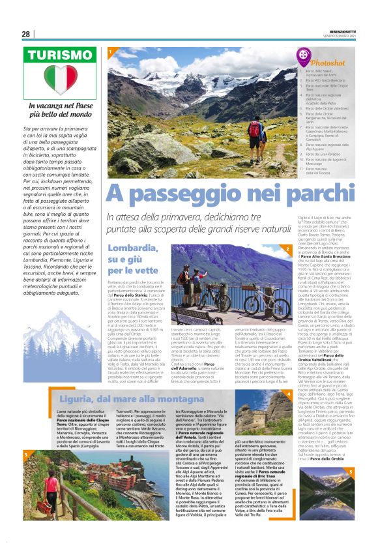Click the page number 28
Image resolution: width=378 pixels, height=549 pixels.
26,34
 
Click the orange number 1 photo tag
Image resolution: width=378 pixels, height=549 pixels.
111,51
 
